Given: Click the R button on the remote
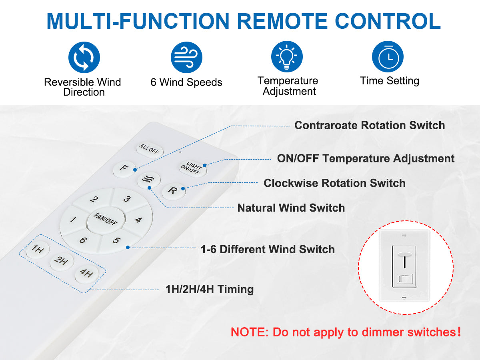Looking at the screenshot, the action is (174, 191).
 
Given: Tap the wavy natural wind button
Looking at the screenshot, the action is (149, 180).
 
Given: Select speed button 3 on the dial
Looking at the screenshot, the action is (128, 199).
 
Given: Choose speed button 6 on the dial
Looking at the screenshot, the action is (83, 240).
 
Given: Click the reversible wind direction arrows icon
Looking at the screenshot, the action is (84, 57).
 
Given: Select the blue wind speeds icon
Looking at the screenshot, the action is (186, 57).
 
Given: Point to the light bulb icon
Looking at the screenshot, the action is (287, 57).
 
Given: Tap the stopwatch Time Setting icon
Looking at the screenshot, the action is (388, 57).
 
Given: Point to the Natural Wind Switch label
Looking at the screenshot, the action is (291, 208).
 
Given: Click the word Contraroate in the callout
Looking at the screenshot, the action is (326, 126).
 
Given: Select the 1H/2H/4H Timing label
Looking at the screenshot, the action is (210, 289).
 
